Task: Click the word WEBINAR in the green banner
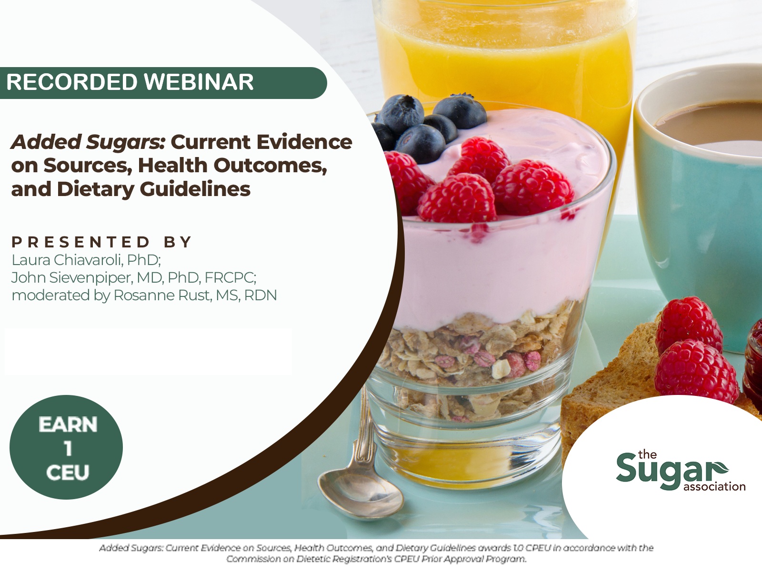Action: [x=199, y=82]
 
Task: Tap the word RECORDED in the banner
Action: [x=72, y=82]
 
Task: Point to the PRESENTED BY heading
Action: [x=102, y=242]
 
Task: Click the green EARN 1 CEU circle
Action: [x=66, y=447]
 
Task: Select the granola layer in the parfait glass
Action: [x=479, y=361]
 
